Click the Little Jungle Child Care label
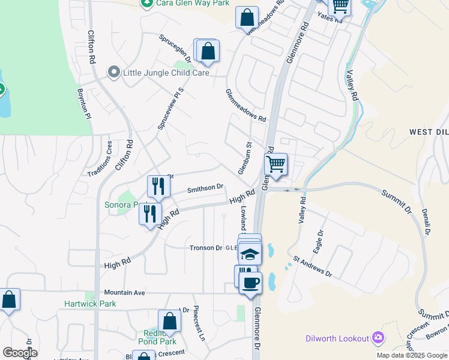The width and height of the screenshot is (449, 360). [166, 73]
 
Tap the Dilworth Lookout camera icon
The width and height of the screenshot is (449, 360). [378, 338]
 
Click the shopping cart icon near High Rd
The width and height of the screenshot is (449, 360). [276, 164]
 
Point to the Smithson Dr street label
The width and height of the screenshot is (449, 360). [205, 188]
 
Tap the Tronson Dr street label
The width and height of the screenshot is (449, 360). [206, 247]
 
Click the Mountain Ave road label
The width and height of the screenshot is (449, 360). [125, 292]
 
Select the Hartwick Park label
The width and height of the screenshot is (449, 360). [90, 304]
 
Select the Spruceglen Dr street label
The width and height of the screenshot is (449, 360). [175, 48]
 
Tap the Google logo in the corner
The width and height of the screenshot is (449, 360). [20, 352]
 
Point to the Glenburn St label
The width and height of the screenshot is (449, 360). [244, 158]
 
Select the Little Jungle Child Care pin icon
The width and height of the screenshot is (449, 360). [113, 73]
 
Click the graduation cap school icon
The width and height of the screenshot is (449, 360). [249, 254]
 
